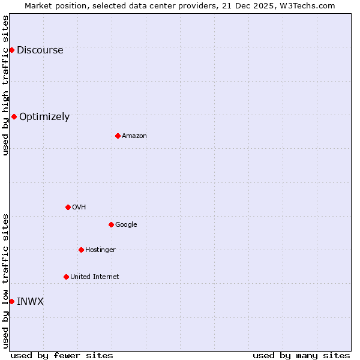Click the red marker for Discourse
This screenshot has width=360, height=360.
[x=11, y=50]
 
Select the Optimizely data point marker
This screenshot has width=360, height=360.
[x=14, y=116]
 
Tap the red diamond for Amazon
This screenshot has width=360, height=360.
[x=118, y=136]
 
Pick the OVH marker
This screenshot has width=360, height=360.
[x=68, y=207]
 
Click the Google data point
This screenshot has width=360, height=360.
[x=111, y=224]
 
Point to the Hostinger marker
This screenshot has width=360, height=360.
[x=81, y=250]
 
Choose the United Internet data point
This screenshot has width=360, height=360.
[x=66, y=277]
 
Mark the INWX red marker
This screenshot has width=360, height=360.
[x=11, y=301]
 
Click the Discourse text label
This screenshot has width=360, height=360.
[x=40, y=50]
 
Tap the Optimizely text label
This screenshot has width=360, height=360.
[x=44, y=117]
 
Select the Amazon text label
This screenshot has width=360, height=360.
[x=134, y=136]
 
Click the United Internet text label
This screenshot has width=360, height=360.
[x=94, y=277]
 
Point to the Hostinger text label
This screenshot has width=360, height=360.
[x=100, y=250]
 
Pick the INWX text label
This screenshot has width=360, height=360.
[x=30, y=302]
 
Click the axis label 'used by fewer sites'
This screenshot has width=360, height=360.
[x=62, y=355]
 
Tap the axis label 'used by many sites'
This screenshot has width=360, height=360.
[x=301, y=355]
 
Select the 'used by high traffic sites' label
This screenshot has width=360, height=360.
[x=6, y=85]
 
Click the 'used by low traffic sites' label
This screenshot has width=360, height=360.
[x=6, y=280]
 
